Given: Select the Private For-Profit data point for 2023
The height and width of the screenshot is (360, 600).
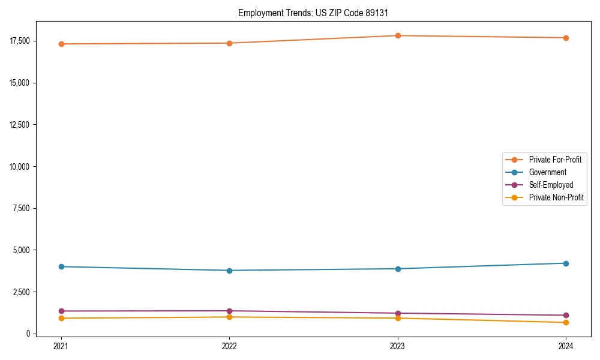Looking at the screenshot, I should pos(397,35).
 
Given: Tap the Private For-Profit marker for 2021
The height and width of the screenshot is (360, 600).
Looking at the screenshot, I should pos(61,44).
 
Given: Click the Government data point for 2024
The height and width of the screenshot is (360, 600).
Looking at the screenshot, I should pos(566,263).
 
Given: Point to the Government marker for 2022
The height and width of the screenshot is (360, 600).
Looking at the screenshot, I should pos(229,271).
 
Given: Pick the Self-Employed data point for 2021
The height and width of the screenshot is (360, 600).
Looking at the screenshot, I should pos(61,311).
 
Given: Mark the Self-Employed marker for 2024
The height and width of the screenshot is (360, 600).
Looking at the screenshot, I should pos(566,315).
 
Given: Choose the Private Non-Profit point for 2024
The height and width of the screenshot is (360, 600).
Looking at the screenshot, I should pos(566,323).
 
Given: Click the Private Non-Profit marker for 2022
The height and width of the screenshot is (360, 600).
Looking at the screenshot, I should pos(229,317).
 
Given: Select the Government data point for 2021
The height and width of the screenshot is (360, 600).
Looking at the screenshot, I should pos(61,266).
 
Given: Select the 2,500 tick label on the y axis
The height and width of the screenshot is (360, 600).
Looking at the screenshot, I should pos(21,292).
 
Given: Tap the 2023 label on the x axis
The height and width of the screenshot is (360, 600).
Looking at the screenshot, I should pos(397,346).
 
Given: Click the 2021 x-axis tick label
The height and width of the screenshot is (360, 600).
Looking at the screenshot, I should pos(61,346).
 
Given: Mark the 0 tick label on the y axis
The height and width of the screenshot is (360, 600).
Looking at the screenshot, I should pos(28,334).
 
